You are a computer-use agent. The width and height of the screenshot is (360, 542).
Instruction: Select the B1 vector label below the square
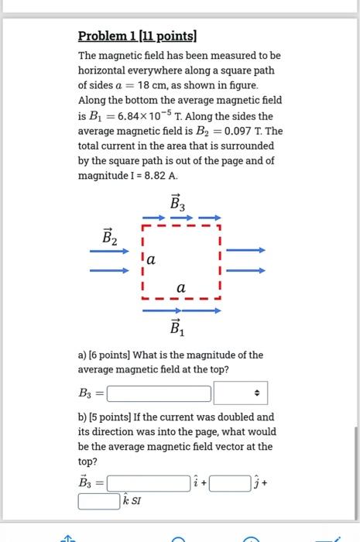(x=178, y=328)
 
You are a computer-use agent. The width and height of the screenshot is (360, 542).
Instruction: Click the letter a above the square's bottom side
(x=181, y=287)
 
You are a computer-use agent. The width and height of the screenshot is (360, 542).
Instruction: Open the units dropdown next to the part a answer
(x=240, y=394)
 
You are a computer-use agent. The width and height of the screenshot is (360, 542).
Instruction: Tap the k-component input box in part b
(x=98, y=502)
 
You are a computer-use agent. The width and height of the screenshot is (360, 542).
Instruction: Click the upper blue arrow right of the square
(x=245, y=250)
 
